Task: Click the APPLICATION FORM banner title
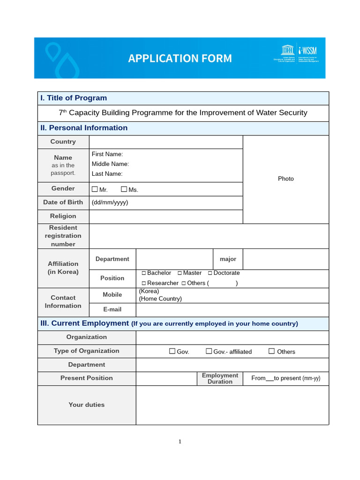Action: click(x=180, y=58)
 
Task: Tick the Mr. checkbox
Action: click(x=95, y=189)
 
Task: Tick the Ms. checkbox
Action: click(x=124, y=189)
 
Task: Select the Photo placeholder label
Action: click(x=285, y=179)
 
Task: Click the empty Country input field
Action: click(x=165, y=142)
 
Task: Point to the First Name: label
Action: click(x=107, y=154)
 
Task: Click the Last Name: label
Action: click(x=107, y=174)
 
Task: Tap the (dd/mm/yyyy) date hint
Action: click(x=110, y=202)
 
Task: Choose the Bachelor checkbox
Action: click(x=144, y=273)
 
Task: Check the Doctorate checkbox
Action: click(x=210, y=273)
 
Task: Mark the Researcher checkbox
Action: click(x=144, y=283)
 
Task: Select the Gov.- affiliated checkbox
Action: click(x=209, y=351)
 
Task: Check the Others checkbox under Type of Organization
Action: click(x=271, y=351)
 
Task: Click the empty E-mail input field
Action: click(x=232, y=310)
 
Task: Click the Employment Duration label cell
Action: click(x=220, y=379)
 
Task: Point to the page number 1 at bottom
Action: click(x=180, y=442)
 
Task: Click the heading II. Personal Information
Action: click(x=84, y=128)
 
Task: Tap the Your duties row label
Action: click(x=87, y=405)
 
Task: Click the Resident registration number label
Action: click(x=63, y=236)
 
